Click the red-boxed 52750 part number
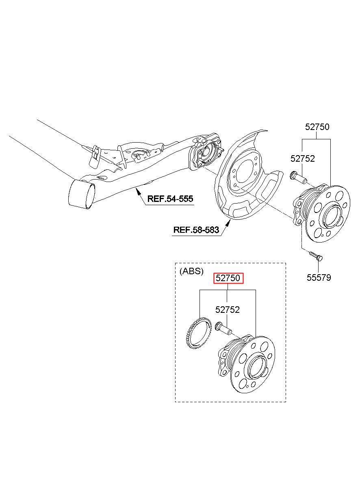click(229, 278)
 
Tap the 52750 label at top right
click(317, 127)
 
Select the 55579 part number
click(319, 277)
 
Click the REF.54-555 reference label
click(170, 199)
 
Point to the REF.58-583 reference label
click(196, 230)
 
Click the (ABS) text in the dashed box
click(191, 271)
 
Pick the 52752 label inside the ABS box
click(228, 310)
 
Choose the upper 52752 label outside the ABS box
click(303, 159)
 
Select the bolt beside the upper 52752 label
click(298, 178)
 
